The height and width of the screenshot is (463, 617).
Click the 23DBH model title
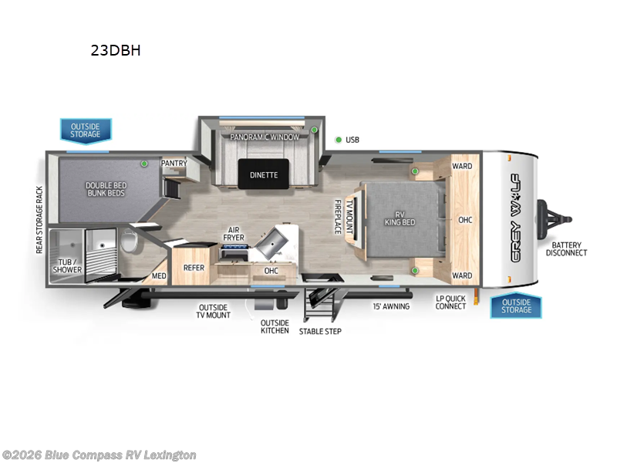(115, 52)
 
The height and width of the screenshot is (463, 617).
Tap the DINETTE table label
(264, 175)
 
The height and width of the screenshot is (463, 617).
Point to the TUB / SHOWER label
(67, 265)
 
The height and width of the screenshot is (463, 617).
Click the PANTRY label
(174, 163)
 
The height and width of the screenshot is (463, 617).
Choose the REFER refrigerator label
(193, 268)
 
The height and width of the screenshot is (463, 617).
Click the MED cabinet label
(158, 275)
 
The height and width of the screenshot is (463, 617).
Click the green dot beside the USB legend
(338, 140)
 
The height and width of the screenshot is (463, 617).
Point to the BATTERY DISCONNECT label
(566, 248)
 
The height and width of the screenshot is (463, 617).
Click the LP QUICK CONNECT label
(450, 302)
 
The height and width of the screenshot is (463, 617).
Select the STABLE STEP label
(320, 331)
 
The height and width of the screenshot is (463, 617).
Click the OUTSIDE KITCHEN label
(274, 326)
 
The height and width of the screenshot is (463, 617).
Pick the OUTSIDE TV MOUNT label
(214, 310)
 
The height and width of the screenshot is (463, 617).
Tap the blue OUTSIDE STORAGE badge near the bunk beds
(86, 130)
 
